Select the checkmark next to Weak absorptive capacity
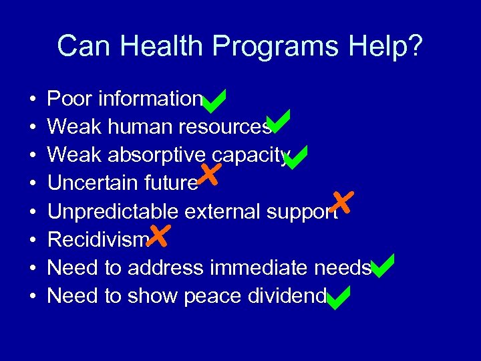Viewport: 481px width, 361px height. point(295,157)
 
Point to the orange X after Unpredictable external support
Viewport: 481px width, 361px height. point(342,202)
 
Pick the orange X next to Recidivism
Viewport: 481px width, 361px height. point(160,235)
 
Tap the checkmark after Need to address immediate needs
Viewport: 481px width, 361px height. point(382,266)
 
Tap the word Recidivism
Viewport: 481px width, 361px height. point(98,240)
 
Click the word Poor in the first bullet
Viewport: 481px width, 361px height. point(70,100)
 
